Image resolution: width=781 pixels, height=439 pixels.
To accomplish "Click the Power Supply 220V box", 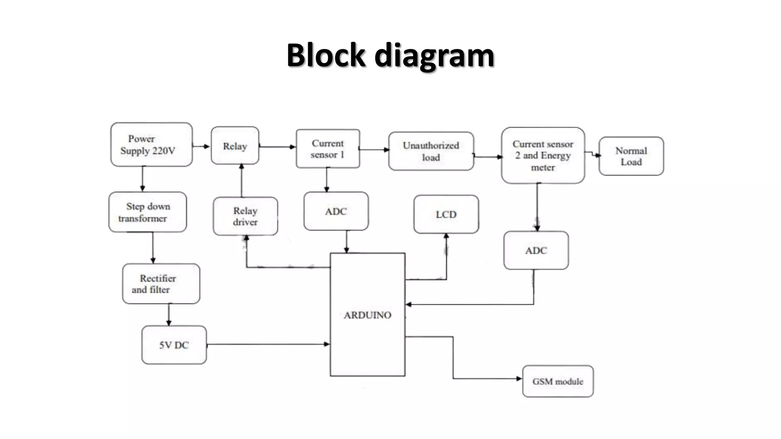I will pos(151,144).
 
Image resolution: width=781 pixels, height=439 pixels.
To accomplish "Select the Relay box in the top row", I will pos(235,146).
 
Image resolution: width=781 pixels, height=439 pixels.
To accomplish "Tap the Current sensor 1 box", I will pos(328,149).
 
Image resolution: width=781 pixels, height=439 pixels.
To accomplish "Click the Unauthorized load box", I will pos(431,151).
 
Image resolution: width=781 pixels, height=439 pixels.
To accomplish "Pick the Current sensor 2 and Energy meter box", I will pos(543,155).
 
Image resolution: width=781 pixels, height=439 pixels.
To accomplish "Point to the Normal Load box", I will pos(631,156).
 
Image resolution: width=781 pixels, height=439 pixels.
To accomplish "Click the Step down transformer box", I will pos(148,212).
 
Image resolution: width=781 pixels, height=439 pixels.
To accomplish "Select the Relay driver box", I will pos(245,216).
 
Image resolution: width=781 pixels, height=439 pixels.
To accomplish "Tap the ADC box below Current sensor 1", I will pos(336,211).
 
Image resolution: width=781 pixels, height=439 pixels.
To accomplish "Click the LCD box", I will pos(446,214).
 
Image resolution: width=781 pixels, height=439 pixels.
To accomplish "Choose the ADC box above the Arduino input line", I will pos(536,250).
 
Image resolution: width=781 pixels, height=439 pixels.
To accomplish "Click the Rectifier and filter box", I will pos(161,284).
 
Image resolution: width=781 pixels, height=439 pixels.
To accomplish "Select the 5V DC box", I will pos(174,345).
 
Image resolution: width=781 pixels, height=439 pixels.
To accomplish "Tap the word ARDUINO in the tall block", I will pos(367,315).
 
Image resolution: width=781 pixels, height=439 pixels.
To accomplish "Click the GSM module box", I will pos(558,381).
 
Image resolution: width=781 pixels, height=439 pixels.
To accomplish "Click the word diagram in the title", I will pos(434,55).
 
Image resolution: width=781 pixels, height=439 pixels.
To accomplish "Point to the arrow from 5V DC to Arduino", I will pos(267,344).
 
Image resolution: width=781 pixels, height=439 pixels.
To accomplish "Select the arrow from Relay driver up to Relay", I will pos(241,181).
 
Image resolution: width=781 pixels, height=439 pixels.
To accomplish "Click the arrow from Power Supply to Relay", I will pos(201,146).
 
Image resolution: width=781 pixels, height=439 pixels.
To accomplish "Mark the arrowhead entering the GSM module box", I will pos(519,378).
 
